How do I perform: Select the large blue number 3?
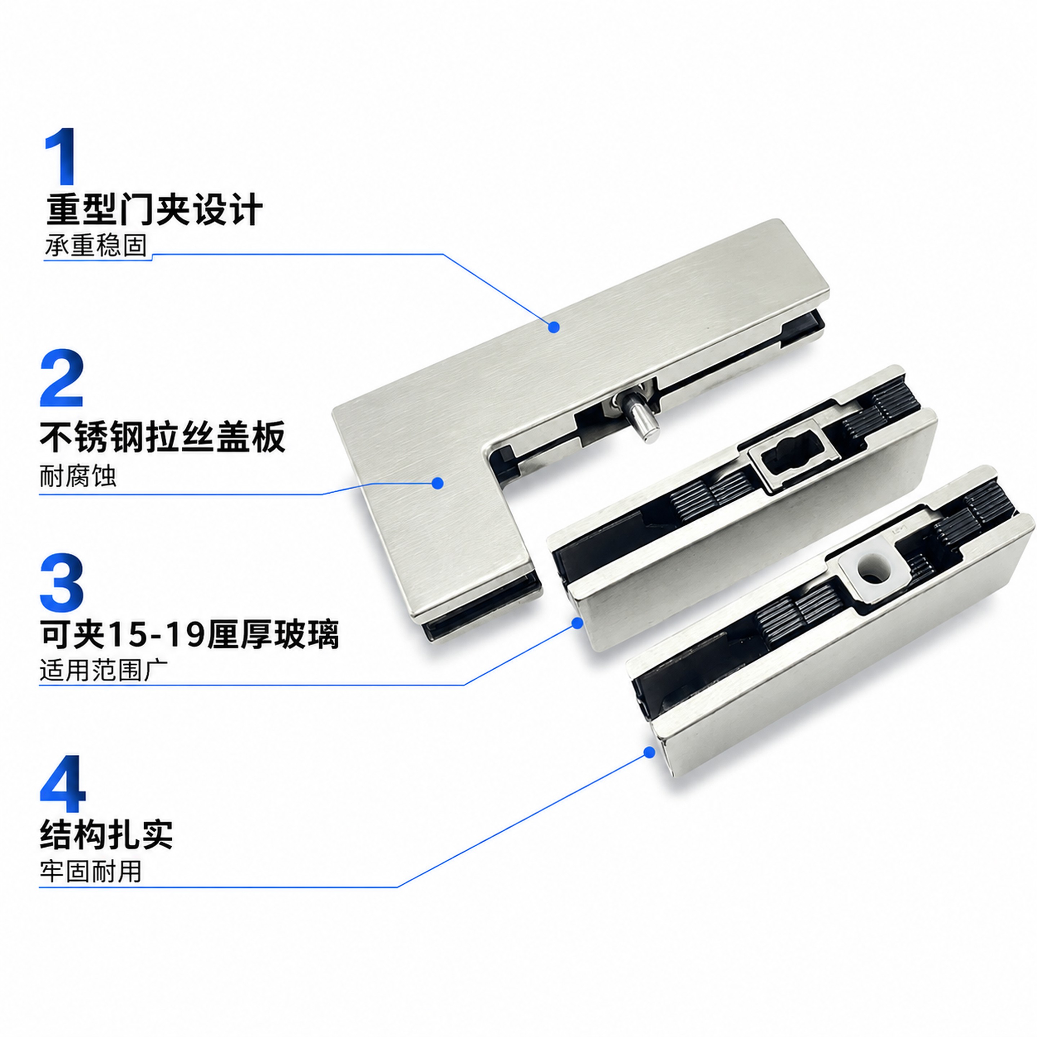(x=61, y=582)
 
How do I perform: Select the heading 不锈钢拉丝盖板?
(x=163, y=437)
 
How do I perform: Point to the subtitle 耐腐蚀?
(x=78, y=476)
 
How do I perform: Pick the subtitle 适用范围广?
(x=104, y=671)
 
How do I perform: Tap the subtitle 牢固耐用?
(x=90, y=871)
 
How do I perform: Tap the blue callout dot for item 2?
(x=438, y=483)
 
